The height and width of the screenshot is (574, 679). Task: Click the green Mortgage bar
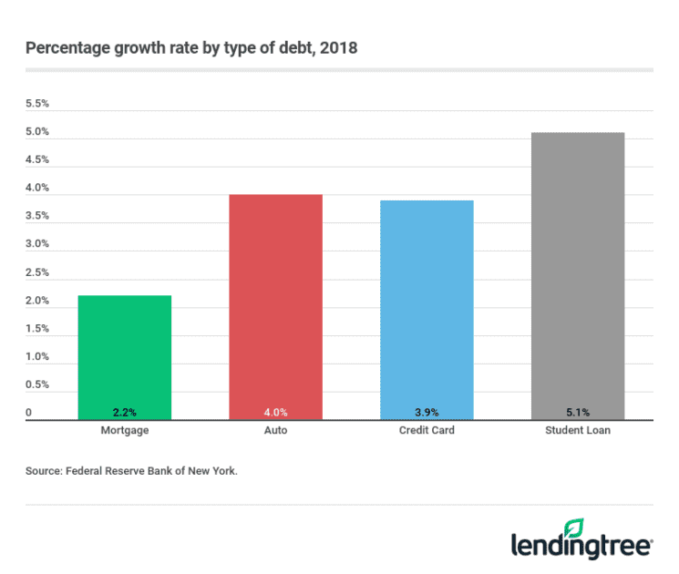click(x=124, y=355)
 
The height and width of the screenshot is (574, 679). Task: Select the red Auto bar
click(x=275, y=305)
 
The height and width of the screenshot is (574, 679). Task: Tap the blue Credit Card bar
click(x=426, y=308)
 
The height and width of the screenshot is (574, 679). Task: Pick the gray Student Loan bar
click(x=577, y=273)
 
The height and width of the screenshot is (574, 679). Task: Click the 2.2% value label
click(x=124, y=412)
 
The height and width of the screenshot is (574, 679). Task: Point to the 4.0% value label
click(x=275, y=412)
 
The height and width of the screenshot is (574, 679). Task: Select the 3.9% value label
click(x=426, y=412)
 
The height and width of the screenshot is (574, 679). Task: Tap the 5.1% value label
click(x=577, y=412)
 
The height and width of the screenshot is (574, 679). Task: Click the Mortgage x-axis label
click(x=124, y=430)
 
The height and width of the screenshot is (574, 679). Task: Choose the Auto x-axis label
click(x=275, y=430)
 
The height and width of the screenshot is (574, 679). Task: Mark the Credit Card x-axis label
click(x=426, y=430)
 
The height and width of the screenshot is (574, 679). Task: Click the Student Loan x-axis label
click(x=577, y=430)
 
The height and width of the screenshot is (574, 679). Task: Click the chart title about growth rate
click(x=191, y=47)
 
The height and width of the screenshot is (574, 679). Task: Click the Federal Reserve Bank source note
click(x=131, y=472)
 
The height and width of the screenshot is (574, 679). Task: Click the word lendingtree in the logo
click(x=580, y=546)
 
